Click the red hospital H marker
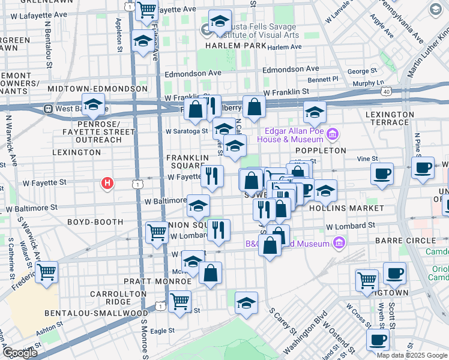pyautogui.click(x=107, y=182)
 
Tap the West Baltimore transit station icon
pyautogui.click(x=47, y=109)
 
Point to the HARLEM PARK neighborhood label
pyautogui.click(x=231, y=46)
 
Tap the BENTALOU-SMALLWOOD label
pyautogui.click(x=96, y=313)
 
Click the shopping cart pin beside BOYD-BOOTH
pyautogui.click(x=157, y=231)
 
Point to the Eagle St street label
pyautogui.click(x=162, y=331)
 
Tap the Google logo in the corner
pyautogui.click(x=20, y=353)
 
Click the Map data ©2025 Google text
pyautogui.click(x=412, y=355)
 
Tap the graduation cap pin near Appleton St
pyautogui.click(x=143, y=41)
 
